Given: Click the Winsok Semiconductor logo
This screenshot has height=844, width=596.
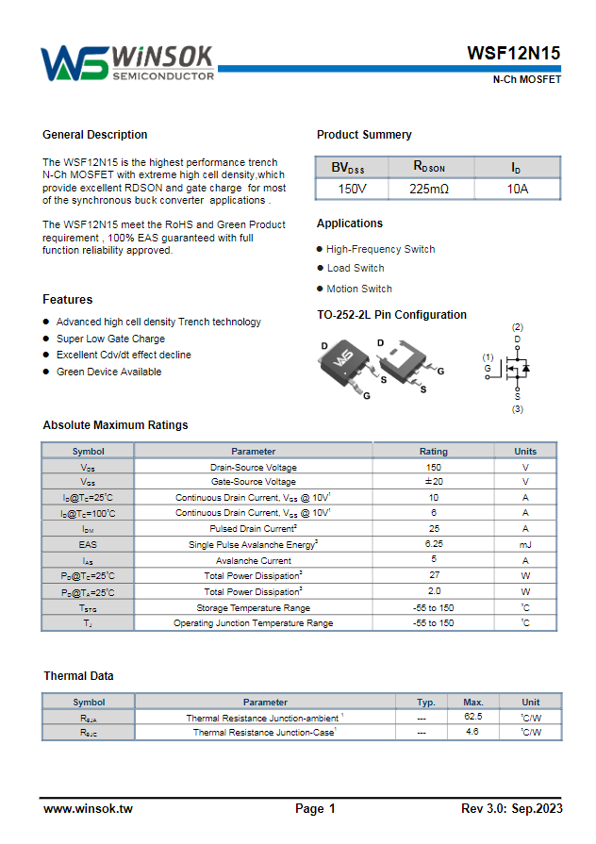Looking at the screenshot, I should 126,62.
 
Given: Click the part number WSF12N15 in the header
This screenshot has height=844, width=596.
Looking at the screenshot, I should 514,54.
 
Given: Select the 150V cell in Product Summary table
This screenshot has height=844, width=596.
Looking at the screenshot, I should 352,189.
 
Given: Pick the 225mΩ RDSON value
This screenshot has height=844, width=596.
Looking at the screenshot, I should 429,189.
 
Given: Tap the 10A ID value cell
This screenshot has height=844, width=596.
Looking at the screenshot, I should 517,189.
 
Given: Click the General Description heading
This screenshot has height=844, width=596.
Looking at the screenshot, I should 94,135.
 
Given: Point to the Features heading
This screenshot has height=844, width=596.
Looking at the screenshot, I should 67,300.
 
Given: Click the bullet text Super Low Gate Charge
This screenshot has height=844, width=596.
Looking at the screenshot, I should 110,339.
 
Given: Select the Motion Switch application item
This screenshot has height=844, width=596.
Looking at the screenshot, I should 359,289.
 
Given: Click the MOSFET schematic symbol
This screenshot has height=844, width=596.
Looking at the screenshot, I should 515,367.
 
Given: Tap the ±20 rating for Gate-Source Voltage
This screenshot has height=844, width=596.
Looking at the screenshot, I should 433,482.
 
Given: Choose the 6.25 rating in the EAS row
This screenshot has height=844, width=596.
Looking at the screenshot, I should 433,544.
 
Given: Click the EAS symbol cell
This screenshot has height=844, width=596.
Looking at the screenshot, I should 88,544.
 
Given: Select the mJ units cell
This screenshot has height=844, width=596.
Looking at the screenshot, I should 525,544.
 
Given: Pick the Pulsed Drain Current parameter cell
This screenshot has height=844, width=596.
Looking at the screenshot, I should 253,529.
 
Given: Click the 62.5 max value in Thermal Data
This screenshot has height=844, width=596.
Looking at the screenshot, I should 472,717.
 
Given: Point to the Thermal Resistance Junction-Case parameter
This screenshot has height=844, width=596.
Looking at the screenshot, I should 265,732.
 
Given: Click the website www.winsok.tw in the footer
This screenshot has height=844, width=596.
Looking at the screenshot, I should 88,809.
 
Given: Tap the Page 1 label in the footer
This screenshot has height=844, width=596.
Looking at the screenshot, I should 315,809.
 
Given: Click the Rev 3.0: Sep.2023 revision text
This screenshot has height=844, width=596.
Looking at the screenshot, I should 511,809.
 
